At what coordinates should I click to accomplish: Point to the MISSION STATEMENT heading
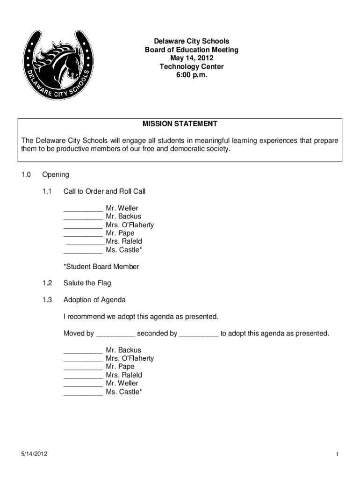point(180,124)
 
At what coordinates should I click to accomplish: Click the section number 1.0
point(26,175)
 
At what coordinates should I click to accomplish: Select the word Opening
point(56,175)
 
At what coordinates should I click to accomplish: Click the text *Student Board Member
point(101,267)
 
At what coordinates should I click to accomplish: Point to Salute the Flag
point(87,283)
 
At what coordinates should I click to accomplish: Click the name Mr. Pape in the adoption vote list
point(120,367)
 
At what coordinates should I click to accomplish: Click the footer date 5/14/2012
point(34,454)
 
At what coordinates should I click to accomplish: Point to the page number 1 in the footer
point(336,454)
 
